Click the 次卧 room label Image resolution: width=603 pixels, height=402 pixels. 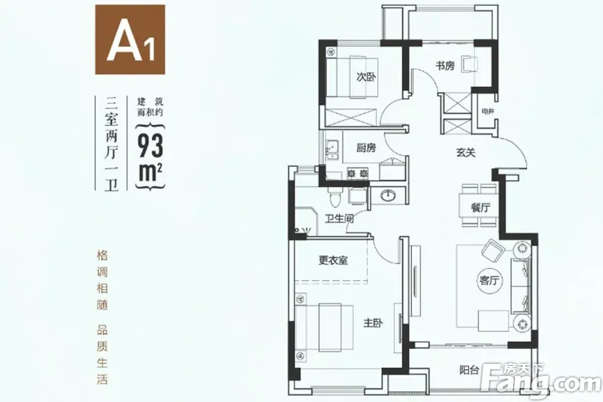tap(366, 77)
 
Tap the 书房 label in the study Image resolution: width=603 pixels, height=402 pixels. tap(445, 66)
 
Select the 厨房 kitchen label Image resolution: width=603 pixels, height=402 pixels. tap(366, 147)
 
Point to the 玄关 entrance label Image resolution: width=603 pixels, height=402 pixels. tap(466, 153)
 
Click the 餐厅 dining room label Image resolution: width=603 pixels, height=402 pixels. tap(480, 208)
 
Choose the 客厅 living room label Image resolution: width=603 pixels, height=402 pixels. tap(489, 281)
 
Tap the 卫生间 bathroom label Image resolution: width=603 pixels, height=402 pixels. tap(339, 219)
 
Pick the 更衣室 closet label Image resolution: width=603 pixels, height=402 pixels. tap(334, 261)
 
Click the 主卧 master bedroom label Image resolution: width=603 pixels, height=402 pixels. tap(373, 323)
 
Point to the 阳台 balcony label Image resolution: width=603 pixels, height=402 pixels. tap(469, 371)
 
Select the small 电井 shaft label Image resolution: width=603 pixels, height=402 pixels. tap(488, 112)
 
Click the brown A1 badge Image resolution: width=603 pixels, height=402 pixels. tap(130, 40)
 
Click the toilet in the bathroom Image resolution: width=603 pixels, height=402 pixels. tap(334, 196)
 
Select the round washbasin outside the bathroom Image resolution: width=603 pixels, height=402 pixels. tap(388, 196)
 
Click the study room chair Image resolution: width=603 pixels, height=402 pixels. tap(470, 64)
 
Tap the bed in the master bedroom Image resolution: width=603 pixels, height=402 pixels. tap(324, 327)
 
